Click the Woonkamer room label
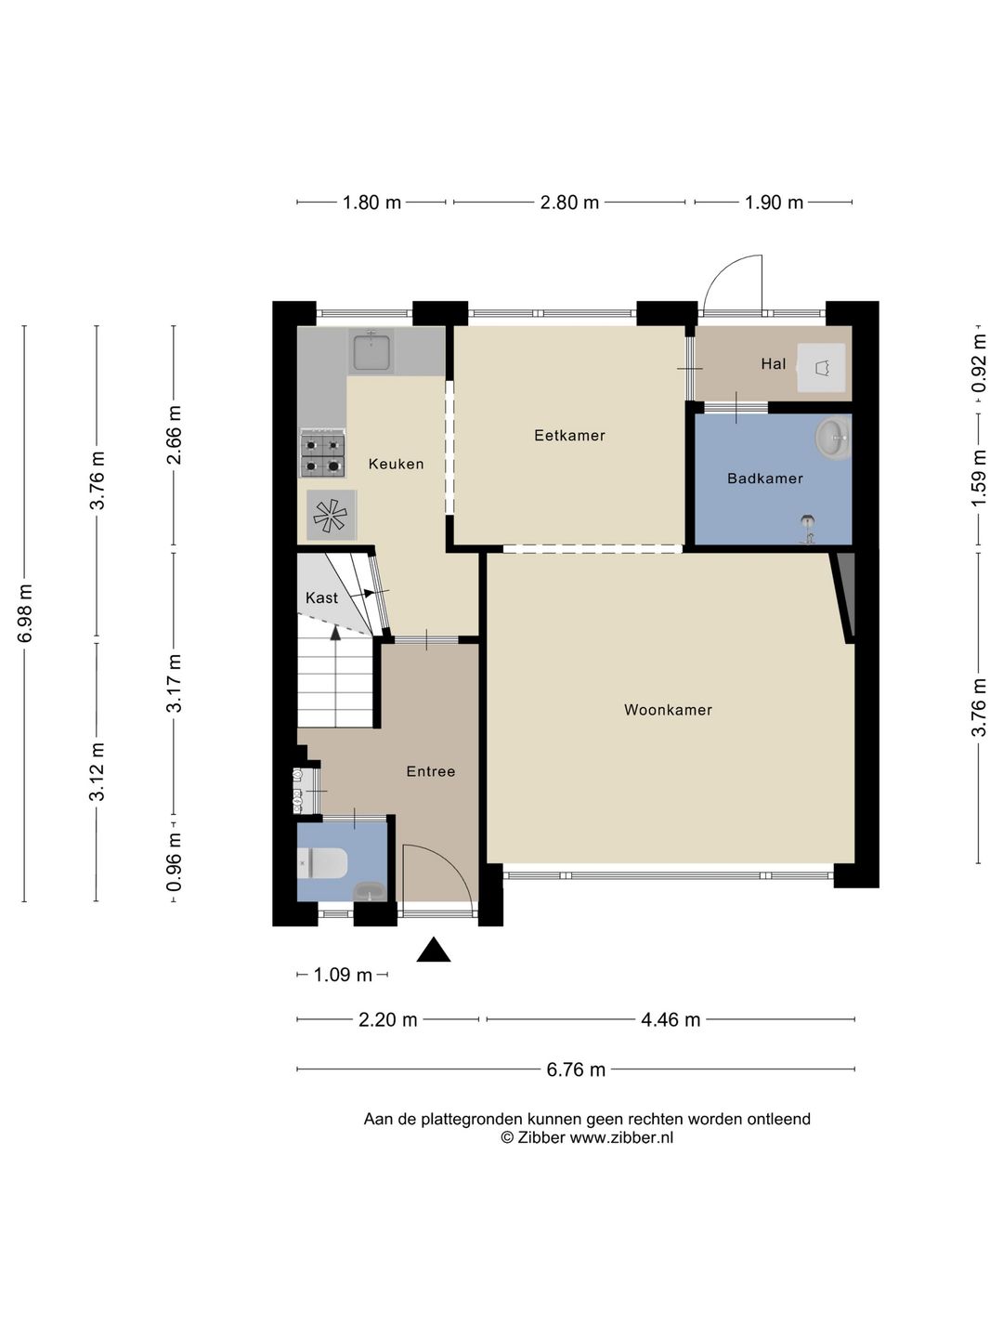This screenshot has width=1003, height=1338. click(x=668, y=710)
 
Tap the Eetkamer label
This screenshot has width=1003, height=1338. click(x=569, y=435)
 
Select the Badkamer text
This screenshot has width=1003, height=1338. click(x=765, y=479)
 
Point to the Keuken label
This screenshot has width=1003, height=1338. click(x=396, y=464)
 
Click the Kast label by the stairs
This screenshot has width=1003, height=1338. click(x=321, y=598)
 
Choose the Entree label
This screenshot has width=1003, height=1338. click(x=431, y=772)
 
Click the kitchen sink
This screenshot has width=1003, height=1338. click(x=371, y=351)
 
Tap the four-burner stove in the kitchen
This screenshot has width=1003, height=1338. click(x=323, y=455)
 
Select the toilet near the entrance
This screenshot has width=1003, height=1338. click(x=323, y=864)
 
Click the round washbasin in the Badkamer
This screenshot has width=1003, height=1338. click(x=832, y=437)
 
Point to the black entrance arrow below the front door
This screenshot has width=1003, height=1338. click(x=433, y=949)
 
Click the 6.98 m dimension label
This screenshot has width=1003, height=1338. click(x=25, y=613)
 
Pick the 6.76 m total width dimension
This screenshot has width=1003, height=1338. click(x=576, y=1069)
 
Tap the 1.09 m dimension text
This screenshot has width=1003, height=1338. click(x=343, y=976)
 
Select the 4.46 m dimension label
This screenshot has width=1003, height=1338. click(x=671, y=1020)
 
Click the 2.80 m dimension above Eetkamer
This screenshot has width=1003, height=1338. click(x=569, y=203)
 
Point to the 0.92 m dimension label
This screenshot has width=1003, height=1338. click(x=978, y=364)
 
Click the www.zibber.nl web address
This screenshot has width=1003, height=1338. click(x=622, y=1137)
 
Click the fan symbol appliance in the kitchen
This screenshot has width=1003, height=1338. click(x=331, y=516)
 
